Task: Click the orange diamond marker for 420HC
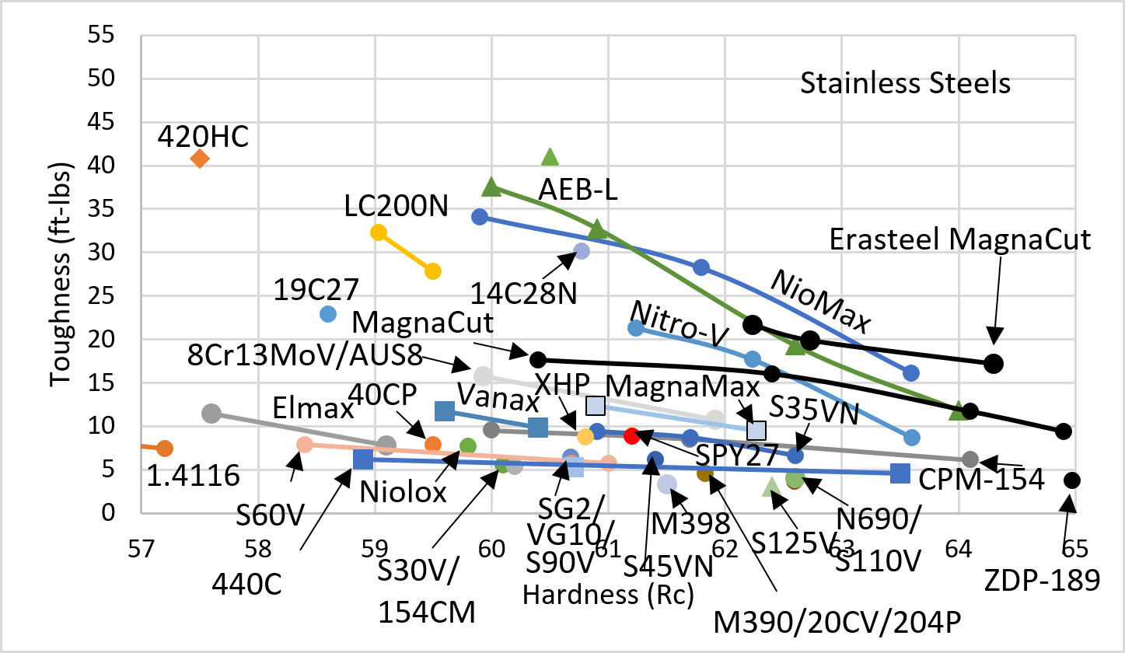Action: pos(200,159)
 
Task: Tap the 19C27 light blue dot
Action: pos(328,314)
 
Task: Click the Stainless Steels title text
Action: pos(906,82)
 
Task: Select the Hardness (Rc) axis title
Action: pos(608,595)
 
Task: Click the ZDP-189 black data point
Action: pos(1072,480)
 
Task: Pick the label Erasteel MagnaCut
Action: pos(960,239)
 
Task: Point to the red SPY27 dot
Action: pos(631,435)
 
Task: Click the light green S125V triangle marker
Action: pos(770,487)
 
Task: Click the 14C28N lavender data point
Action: pos(582,250)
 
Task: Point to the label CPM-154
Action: pos(981,480)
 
